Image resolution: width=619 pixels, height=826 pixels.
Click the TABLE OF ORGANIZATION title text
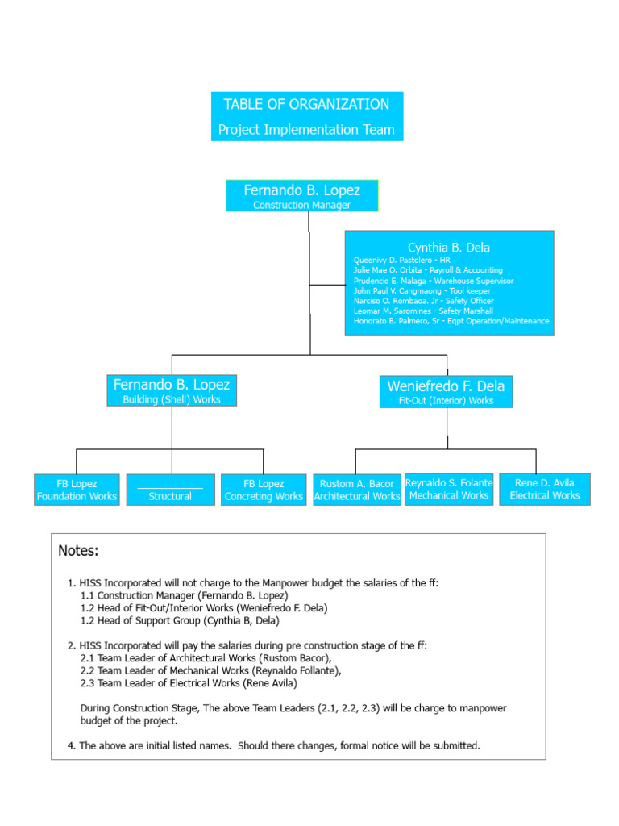306,105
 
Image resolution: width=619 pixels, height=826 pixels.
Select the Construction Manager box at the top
301,196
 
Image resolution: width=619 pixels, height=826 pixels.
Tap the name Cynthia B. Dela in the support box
448,248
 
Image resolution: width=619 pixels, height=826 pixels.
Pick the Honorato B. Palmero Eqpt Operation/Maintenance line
451,321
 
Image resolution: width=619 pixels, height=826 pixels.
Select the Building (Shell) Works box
171,390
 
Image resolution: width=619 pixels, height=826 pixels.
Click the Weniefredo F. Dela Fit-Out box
446,391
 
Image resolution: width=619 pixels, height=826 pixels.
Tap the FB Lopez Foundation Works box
77,490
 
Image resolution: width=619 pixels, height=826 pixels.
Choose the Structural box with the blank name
170,490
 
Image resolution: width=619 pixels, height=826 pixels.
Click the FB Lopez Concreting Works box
264,490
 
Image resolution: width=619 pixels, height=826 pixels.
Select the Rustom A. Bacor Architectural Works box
356,490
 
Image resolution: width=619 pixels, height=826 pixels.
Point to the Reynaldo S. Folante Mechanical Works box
448,489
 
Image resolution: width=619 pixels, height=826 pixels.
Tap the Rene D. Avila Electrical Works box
544,489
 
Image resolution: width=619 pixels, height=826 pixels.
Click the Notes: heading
78,551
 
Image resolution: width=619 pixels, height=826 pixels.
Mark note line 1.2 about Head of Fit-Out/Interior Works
204,608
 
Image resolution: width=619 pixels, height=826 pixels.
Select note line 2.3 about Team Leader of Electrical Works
189,683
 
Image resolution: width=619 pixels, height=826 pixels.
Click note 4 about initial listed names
274,745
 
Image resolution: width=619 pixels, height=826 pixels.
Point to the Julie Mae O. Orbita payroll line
427,270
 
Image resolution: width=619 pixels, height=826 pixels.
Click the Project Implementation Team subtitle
306,130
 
